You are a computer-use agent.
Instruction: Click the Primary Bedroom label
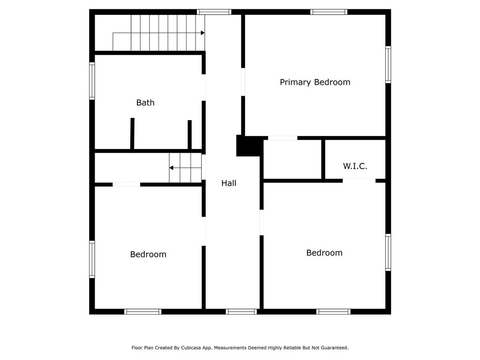(315, 82)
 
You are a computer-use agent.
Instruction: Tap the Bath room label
(145, 103)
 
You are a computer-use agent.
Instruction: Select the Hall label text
(229, 183)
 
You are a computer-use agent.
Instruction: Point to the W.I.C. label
(355, 166)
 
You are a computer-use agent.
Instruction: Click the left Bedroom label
(148, 255)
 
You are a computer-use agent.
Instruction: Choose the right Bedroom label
(324, 253)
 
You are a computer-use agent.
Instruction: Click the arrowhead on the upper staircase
(202, 33)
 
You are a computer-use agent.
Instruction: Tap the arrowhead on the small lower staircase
(172, 168)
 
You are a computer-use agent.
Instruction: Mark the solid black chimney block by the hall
(249, 146)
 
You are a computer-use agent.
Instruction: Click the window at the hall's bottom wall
(241, 312)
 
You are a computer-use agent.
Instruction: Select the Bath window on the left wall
(92, 81)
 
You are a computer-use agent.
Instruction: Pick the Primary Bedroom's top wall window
(329, 12)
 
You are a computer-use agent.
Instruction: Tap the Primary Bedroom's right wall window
(388, 65)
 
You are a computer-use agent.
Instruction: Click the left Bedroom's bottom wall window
(142, 312)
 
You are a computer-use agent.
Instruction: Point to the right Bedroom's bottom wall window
(333, 312)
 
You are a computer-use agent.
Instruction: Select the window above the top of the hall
(214, 12)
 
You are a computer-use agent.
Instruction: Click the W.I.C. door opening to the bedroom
(359, 181)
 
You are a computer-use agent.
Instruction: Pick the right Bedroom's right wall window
(388, 253)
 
